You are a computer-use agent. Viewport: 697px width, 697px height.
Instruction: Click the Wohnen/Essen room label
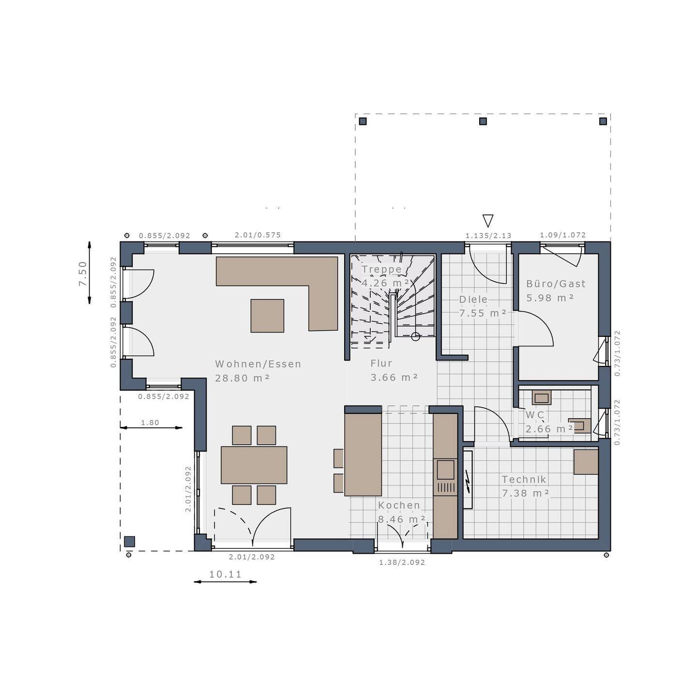258,364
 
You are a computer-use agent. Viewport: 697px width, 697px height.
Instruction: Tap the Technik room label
524,480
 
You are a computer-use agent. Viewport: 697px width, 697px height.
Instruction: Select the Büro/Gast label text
556,284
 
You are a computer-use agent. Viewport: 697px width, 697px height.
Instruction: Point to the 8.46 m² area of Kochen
402,519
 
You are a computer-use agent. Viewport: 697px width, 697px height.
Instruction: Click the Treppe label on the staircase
381,269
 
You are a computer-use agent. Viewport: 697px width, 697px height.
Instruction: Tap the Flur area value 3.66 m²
394,378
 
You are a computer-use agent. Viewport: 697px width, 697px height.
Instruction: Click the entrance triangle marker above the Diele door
488,221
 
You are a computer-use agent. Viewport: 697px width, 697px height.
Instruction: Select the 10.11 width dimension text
225,575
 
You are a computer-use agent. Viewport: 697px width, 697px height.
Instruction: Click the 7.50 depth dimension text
83,273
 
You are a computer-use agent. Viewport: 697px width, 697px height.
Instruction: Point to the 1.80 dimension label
150,423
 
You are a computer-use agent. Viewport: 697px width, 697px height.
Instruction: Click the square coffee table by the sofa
267,316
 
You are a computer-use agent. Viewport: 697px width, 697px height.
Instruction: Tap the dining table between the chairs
254,465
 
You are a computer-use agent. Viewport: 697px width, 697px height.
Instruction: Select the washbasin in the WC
541,398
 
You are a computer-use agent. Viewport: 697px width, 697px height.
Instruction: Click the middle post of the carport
483,121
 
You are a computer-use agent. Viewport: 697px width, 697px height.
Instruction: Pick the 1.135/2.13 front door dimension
488,236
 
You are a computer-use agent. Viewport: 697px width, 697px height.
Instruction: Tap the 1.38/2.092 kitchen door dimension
402,562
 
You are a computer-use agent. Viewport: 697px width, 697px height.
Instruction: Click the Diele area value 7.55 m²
483,313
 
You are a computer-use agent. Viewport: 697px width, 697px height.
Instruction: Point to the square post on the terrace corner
129,542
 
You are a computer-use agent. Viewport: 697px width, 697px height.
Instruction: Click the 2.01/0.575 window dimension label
258,235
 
